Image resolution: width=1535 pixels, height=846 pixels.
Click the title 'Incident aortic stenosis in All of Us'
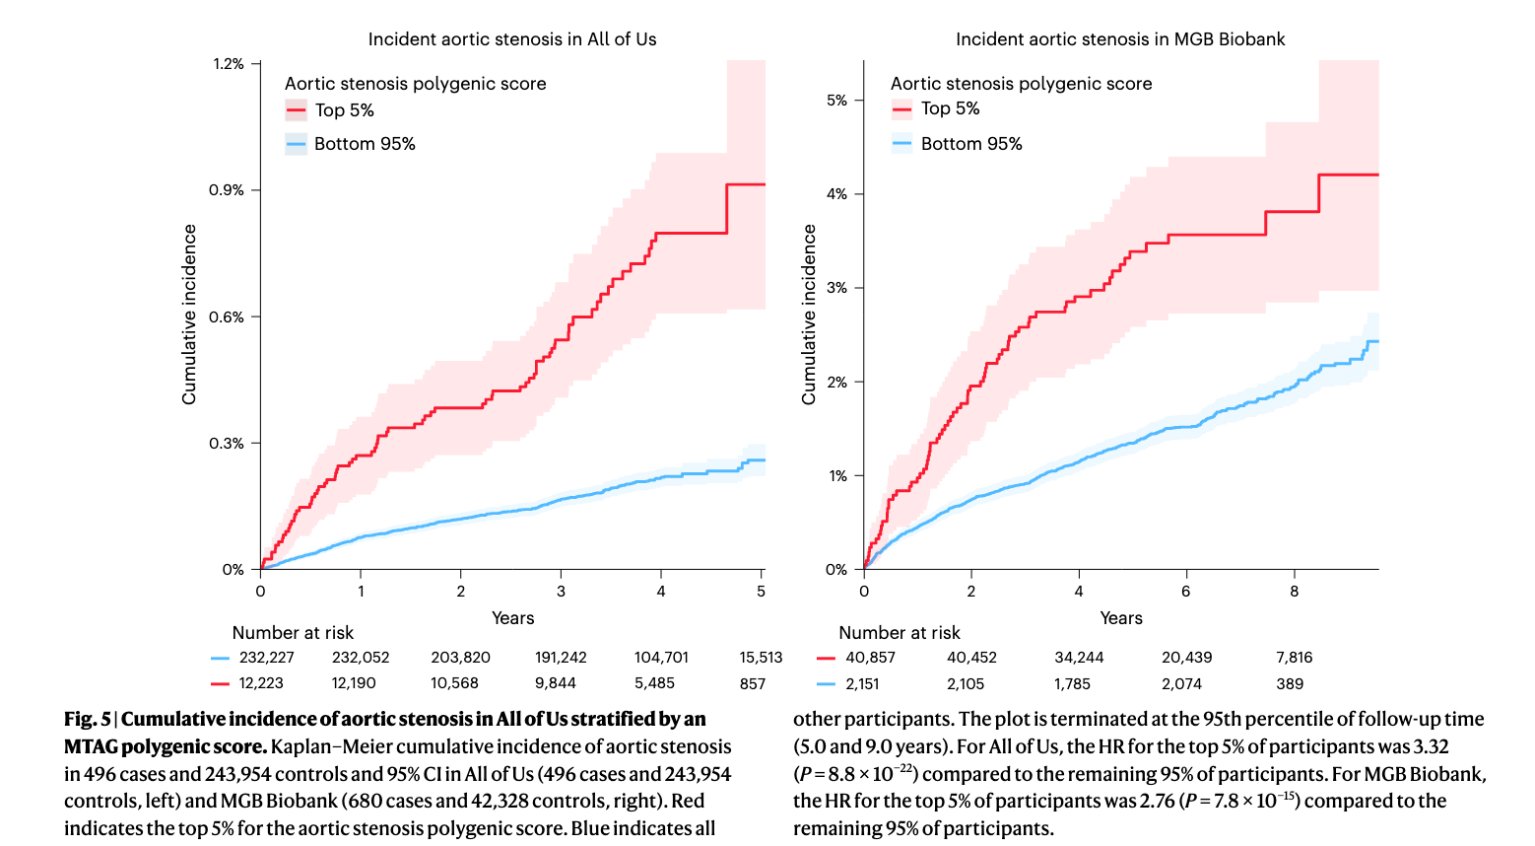[x=512, y=39]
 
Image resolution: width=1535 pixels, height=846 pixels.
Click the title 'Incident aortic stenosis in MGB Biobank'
[x=1120, y=39]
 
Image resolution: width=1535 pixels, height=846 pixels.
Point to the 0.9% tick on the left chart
[x=227, y=190]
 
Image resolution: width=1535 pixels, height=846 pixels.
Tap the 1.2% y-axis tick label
[x=228, y=64]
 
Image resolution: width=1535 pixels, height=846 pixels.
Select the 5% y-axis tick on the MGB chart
[x=836, y=101]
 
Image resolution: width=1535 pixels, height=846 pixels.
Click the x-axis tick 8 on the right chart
[x=1294, y=591]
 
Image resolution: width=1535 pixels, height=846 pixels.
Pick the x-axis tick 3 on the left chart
[x=561, y=591]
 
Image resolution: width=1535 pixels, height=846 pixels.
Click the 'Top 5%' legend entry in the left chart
[x=344, y=110]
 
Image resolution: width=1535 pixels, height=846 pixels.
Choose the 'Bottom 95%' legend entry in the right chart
[x=971, y=144]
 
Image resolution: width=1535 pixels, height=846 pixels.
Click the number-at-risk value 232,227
[x=266, y=658]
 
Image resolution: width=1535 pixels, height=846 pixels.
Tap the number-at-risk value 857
[x=753, y=683]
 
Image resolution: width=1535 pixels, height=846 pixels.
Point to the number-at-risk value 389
[x=1290, y=684]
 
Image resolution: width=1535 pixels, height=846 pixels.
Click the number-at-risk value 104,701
[x=661, y=658]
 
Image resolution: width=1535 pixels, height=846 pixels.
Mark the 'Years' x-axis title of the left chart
[x=512, y=618]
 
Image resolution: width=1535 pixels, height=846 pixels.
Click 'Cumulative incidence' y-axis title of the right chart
[x=810, y=315]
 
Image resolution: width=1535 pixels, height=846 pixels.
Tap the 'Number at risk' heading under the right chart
[x=899, y=633]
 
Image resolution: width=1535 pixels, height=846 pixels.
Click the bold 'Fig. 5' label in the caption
[x=87, y=719]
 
